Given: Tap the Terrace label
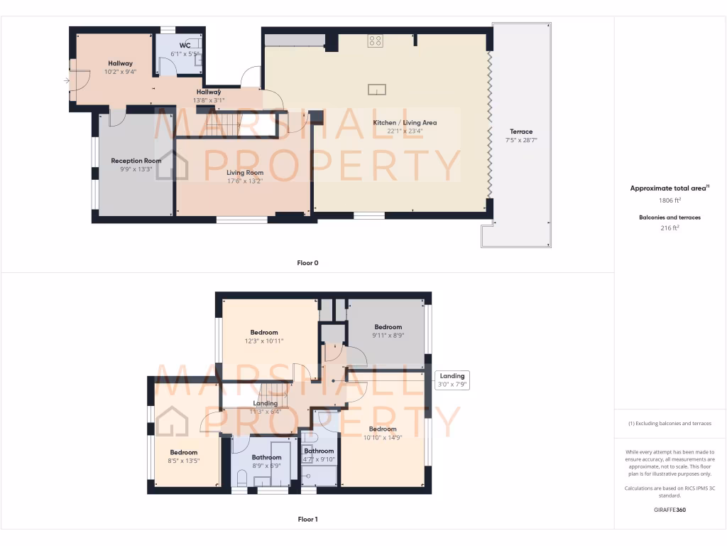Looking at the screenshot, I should [x=520, y=132].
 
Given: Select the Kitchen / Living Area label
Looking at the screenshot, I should [x=405, y=122].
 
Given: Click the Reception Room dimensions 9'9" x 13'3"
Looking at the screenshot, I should [x=136, y=169].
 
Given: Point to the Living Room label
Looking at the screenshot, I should [x=245, y=172].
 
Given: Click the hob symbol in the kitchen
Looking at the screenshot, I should [x=376, y=41].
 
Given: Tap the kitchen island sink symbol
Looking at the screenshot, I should [x=377, y=89].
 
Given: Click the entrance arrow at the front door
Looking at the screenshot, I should [x=67, y=80].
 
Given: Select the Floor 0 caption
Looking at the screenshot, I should [x=307, y=263].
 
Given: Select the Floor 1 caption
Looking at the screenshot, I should [x=307, y=519].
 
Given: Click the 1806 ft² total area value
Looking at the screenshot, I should [x=669, y=201].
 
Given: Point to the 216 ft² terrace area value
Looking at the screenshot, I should [x=669, y=227].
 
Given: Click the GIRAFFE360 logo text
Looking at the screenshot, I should [x=669, y=510].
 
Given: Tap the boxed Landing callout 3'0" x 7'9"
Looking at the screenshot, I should [x=452, y=380].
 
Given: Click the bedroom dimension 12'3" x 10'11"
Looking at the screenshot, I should [x=263, y=341].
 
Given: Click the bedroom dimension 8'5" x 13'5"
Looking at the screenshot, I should [x=183, y=461].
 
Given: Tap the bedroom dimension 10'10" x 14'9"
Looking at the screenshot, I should [x=382, y=438].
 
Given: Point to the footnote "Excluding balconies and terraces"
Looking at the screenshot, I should [x=669, y=423].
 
